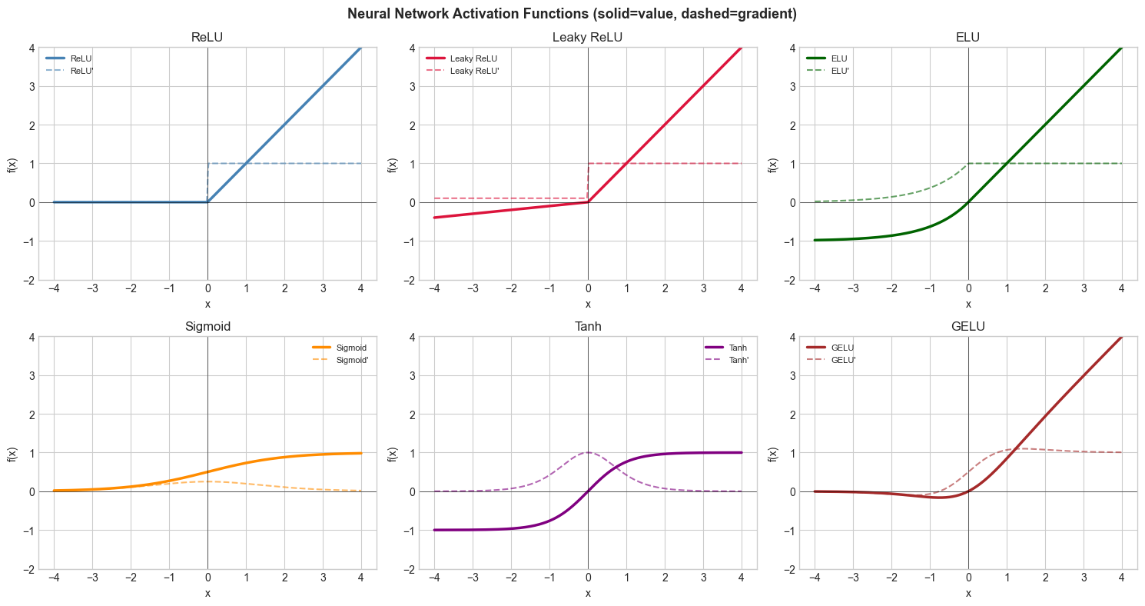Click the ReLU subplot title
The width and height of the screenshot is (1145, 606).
[x=207, y=37]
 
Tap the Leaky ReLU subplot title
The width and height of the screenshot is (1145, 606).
[x=588, y=37]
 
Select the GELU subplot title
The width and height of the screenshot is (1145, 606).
[x=968, y=326]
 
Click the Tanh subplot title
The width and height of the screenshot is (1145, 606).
[x=588, y=326]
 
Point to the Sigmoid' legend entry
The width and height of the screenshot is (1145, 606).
[x=353, y=360]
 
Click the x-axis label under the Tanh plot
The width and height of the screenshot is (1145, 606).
[x=588, y=593]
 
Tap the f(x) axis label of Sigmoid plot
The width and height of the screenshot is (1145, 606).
[x=12, y=453]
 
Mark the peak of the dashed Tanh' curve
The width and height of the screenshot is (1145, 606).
[x=588, y=452]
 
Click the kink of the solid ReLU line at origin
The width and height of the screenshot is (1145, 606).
[x=207, y=202]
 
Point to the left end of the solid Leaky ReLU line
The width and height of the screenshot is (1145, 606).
[x=434, y=218]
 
